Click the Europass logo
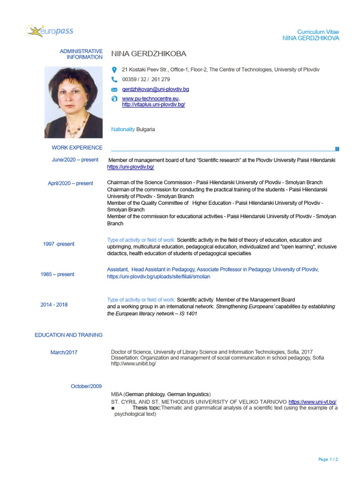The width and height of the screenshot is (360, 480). [49, 31]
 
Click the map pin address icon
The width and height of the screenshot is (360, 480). [114, 69]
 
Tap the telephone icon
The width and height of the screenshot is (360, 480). [114, 79]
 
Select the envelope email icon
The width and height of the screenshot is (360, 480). [114, 90]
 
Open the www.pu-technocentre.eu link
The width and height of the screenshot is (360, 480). [150, 98]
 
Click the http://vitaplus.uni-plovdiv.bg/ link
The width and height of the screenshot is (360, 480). [153, 105]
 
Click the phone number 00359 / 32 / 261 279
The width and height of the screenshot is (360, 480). [146, 79]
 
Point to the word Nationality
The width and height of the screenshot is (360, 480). [123, 129]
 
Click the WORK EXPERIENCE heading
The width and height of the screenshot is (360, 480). [77, 148]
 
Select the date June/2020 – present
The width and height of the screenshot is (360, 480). [75, 160]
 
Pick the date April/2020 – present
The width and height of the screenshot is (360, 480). [70, 183]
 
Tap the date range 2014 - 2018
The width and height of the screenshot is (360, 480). [54, 305]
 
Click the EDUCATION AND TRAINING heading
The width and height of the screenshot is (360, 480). [68, 335]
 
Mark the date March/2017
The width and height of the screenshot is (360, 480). [64, 352]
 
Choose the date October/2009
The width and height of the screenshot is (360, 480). [86, 386]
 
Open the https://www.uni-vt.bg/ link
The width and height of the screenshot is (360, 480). [312, 402]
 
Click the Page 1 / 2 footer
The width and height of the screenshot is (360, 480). [328, 459]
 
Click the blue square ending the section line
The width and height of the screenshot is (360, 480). [337, 149]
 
